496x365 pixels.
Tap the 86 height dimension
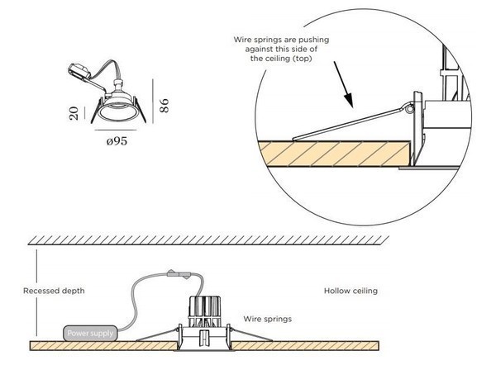click(164, 105)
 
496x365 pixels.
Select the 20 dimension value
click(74, 114)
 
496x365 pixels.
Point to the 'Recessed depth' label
click(54, 291)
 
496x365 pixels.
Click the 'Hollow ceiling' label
click(350, 291)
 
